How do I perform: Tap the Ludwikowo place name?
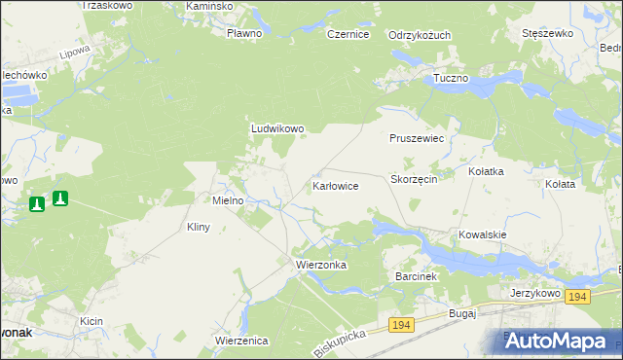click(278, 127)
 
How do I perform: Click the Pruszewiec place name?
click(417, 139)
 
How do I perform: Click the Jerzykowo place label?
click(534, 292)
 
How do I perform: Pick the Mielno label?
click(234, 200)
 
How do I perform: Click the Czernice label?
click(348, 34)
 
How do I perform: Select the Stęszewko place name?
click(546, 33)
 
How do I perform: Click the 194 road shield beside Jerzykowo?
click(577, 297)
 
